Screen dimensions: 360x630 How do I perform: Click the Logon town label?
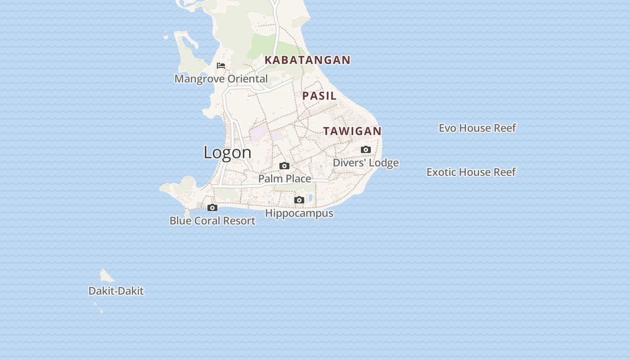pos(227,153)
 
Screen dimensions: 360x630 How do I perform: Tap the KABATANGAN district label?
pos(307,60)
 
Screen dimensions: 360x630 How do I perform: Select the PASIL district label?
pos(319,96)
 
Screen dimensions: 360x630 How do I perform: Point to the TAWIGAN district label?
pos(352,131)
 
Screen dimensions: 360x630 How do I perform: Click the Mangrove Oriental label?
pos(221,79)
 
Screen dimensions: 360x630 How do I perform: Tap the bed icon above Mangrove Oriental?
pos(221,66)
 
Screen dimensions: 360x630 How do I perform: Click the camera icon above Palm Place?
pos(284,166)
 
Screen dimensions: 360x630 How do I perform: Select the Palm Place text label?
pos(284,179)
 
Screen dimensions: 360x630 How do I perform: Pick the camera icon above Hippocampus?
pos(299,200)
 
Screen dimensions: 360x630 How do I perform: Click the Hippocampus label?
pos(299,213)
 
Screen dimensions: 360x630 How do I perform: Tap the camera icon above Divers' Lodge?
pos(366,150)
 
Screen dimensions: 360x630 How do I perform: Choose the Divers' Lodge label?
pos(366,163)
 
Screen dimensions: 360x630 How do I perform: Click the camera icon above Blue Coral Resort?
pos(212,208)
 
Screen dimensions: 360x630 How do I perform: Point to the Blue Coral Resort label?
pos(212,221)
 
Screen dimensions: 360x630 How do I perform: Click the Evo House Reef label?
pos(477,128)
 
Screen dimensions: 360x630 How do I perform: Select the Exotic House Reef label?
pos(471,172)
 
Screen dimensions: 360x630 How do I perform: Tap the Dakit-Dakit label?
pos(116,291)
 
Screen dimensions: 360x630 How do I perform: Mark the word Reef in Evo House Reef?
pos(505,128)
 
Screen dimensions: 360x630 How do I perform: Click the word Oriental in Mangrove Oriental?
pos(247,79)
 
